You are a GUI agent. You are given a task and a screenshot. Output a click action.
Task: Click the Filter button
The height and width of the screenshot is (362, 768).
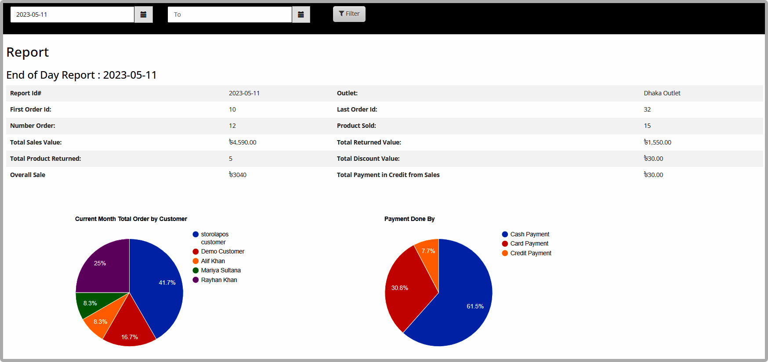pyautogui.click(x=349, y=14)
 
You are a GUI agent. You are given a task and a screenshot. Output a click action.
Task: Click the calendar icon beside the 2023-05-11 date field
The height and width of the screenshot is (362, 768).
pyautogui.click(x=143, y=14)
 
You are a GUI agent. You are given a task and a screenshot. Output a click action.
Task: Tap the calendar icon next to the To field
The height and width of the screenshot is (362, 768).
pyautogui.click(x=301, y=14)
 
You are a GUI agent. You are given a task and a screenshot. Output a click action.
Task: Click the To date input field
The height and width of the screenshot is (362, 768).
pyautogui.click(x=230, y=14)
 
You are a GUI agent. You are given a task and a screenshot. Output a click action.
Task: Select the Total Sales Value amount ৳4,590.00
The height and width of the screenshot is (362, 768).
pyautogui.click(x=243, y=142)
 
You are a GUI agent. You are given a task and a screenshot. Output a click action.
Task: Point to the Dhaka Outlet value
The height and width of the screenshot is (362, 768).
pyautogui.click(x=662, y=93)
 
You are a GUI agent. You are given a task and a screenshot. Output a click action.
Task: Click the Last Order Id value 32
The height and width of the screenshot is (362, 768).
pyautogui.click(x=647, y=109)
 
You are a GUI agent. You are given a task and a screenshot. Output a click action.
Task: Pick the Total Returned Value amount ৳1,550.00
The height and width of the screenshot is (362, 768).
pyautogui.click(x=657, y=142)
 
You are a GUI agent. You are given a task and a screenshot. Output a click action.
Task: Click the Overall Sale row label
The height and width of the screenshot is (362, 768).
pyautogui.click(x=28, y=175)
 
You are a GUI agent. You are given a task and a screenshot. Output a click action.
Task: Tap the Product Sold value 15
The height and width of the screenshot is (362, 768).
pyautogui.click(x=647, y=126)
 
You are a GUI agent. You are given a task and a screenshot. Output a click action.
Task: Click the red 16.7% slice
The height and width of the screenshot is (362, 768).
pyautogui.click(x=129, y=327)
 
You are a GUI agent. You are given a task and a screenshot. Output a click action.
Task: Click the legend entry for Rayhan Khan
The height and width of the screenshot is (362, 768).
pyautogui.click(x=215, y=280)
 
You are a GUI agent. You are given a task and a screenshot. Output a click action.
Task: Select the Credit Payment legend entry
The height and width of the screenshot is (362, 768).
pyautogui.click(x=526, y=253)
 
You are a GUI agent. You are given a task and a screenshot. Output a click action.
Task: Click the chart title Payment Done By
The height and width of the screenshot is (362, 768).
pyautogui.click(x=409, y=219)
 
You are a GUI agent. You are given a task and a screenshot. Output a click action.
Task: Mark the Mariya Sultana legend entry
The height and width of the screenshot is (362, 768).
pyautogui.click(x=217, y=270)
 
